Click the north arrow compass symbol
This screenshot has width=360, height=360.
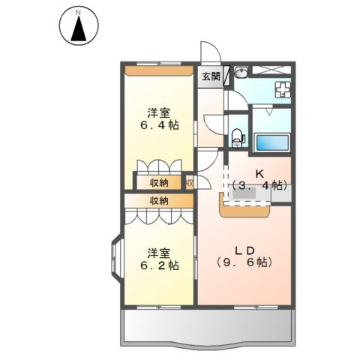click(x=77, y=26)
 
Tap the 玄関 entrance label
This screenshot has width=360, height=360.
click(x=210, y=76)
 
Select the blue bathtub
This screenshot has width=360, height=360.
click(x=271, y=142)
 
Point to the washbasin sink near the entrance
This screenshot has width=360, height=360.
click(x=241, y=73)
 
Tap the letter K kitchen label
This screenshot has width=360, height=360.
click(x=260, y=174)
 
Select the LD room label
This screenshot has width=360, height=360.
click(x=247, y=250)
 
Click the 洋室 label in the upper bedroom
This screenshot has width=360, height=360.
click(x=157, y=113)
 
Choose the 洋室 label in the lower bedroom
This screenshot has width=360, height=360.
click(x=157, y=252)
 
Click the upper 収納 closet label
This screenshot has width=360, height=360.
click(x=158, y=181)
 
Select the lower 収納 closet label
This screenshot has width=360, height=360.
click(x=158, y=200)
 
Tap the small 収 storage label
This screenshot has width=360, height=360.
click(x=190, y=181)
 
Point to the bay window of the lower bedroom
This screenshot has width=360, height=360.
click(x=116, y=259)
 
